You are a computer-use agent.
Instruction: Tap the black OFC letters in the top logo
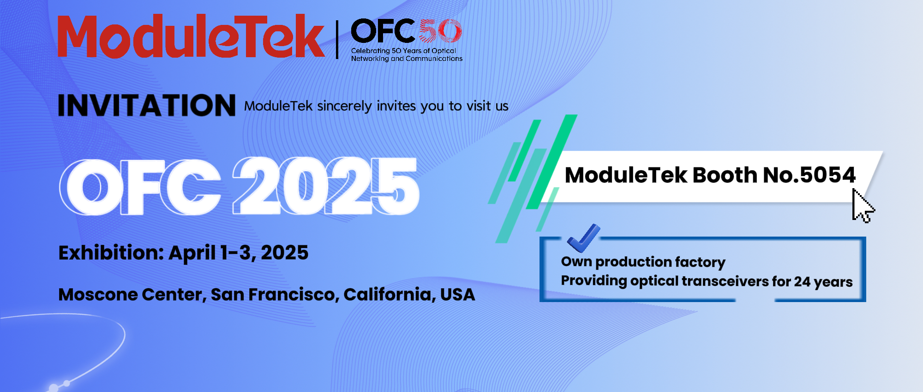pos(383,31)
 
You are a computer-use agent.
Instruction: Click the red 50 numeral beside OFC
pos(440,31)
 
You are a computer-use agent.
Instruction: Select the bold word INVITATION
pos(147,105)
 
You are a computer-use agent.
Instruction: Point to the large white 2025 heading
pos(326,186)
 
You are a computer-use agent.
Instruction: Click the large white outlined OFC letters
pos(140,187)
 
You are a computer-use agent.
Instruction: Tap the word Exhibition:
pos(111,253)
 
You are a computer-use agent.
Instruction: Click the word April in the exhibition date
pos(192,253)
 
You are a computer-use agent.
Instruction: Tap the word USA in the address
pos(457,295)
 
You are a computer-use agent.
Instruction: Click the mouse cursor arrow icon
pos(862,206)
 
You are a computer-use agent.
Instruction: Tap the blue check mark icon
pos(583,238)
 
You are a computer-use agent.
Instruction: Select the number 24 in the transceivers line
pos(802,281)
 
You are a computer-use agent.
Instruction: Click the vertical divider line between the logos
pos(337,40)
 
